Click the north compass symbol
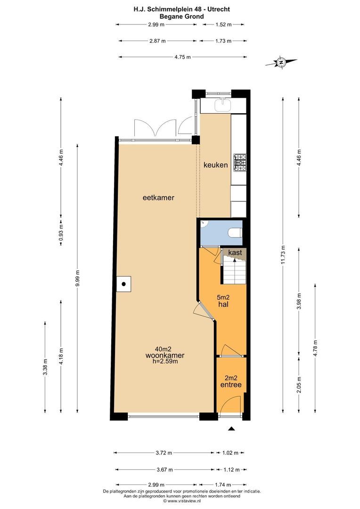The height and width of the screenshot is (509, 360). pyautogui.click(x=281, y=62)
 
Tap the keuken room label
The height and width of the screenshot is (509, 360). pyautogui.click(x=215, y=165)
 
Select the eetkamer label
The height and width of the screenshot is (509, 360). pyautogui.click(x=158, y=197)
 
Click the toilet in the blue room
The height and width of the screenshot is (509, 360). pyautogui.click(x=235, y=233)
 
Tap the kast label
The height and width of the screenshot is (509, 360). pyautogui.click(x=235, y=252)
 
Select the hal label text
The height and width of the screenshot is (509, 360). pyautogui.click(x=223, y=304)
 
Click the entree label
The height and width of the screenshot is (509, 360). pyautogui.click(x=231, y=385)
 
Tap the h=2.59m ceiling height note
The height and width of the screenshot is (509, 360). pyautogui.click(x=165, y=361)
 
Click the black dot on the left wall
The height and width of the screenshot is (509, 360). pyautogui.click(x=123, y=284)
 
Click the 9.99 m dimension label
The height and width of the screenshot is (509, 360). pyautogui.click(x=77, y=278)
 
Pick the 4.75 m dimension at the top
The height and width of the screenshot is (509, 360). pyautogui.click(x=182, y=57)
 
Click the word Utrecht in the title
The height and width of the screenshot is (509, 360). pyautogui.click(x=218, y=9)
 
